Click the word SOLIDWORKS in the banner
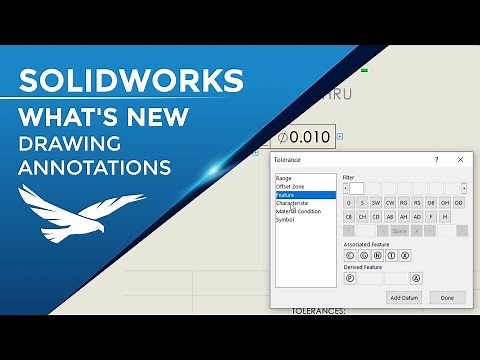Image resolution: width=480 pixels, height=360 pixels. (131, 79)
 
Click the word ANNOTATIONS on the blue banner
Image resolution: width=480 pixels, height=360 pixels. (95, 163)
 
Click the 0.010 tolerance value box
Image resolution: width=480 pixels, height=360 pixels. (302, 136)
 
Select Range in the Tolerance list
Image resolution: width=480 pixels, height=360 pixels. (284, 178)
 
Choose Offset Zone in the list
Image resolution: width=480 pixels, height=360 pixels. (291, 186)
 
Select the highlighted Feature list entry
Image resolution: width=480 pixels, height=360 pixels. (289, 195)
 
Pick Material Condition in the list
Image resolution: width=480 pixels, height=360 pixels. (298, 211)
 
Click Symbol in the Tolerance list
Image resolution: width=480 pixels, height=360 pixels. (286, 219)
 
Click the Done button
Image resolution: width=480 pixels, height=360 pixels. (447, 297)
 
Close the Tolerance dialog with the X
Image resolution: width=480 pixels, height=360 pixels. (460, 159)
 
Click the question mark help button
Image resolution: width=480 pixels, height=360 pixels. (436, 159)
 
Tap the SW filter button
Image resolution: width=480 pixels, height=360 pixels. (376, 203)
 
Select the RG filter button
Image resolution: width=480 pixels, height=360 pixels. (404, 203)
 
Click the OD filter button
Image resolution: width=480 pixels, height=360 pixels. (459, 203)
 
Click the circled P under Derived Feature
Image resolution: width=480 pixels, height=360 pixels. (350, 277)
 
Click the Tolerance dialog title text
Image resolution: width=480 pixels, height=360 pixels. (287, 159)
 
